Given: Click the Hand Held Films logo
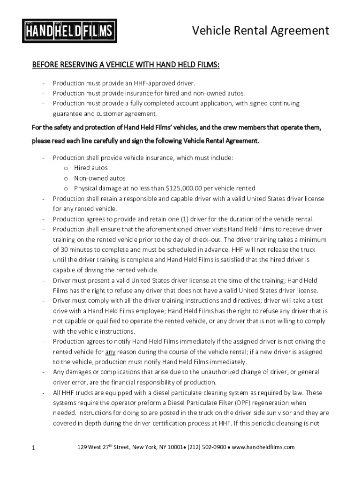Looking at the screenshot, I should point(70,31).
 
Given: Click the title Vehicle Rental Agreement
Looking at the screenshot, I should point(261,31).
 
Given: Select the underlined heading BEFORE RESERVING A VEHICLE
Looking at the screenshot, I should point(125,64).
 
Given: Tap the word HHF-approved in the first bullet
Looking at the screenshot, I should point(152,83).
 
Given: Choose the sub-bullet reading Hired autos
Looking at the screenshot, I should point(90,168).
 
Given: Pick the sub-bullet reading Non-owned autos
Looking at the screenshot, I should point(99,178).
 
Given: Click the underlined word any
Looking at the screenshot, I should point(110,352).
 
